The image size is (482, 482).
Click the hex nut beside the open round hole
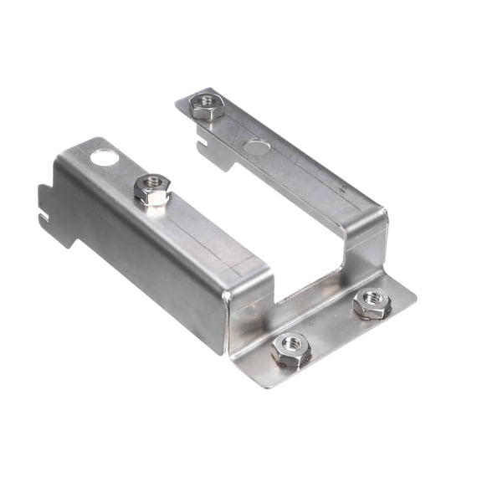(151, 190)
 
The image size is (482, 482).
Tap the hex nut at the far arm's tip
(203, 105)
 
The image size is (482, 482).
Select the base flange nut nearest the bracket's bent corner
(371, 302)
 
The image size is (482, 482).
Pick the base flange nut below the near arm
(292, 348)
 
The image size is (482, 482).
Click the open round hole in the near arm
(102, 156)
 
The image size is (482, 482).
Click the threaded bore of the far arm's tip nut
(203, 101)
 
